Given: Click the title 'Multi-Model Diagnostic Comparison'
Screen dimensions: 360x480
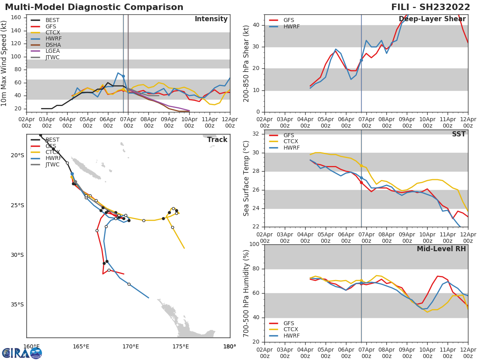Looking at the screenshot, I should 94,7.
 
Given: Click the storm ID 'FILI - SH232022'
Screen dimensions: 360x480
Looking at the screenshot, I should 431,7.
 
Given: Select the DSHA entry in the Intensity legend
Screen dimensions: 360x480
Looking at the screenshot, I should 52,45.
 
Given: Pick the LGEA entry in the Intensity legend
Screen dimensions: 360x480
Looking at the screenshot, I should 52,51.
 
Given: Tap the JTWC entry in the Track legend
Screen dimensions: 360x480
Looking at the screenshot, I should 52,165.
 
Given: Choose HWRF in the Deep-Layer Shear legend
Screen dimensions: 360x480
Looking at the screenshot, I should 291,27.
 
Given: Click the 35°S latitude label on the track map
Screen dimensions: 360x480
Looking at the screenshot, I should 17,304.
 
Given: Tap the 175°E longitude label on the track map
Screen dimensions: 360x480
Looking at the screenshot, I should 180,347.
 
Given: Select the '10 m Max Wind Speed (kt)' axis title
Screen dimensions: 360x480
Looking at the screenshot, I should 4,63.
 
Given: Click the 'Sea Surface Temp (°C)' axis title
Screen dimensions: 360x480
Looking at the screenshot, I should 247,178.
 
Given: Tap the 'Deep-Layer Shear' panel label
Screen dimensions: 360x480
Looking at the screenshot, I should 432,19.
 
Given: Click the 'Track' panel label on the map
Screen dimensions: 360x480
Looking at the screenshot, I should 217,140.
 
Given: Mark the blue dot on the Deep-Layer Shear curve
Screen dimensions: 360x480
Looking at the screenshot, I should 361,60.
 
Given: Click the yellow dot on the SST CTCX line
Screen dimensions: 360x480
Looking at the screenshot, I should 361,165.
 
